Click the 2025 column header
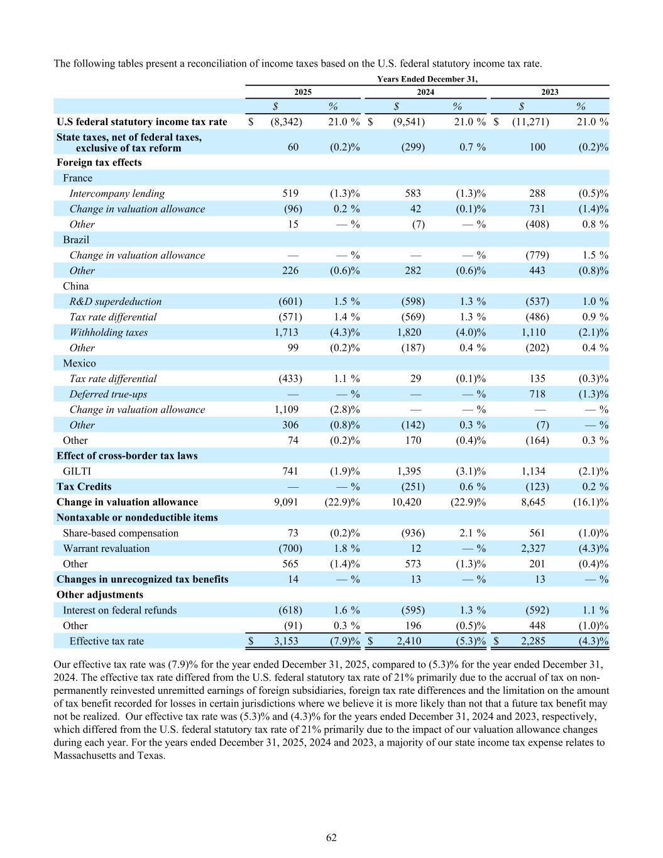tap(303, 92)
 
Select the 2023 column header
tap(549, 92)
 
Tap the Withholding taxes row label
tap(108, 332)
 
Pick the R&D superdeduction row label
tap(115, 301)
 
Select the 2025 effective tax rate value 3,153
tap(286, 641)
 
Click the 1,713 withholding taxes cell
tap(287, 332)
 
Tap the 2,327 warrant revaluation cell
tap(533, 548)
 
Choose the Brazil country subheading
tap(76, 239)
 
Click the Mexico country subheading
tap(79, 363)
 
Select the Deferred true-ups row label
tap(108, 394)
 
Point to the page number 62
tap(331, 837)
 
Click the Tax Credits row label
tap(84, 487)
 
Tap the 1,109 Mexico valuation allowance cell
tap(287, 409)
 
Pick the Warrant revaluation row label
tap(106, 548)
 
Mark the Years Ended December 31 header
tap(427, 79)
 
